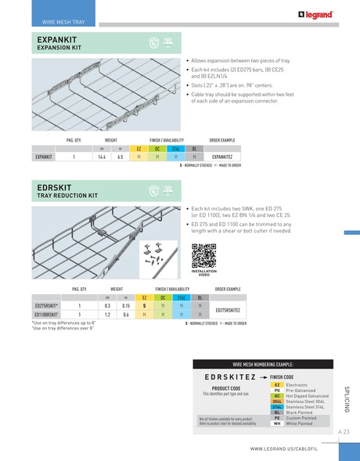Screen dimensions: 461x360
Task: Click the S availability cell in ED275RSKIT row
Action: pos(144,305)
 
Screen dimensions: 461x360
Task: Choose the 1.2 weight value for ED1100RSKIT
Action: pos(106,314)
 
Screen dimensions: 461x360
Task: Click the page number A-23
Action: pos(344,432)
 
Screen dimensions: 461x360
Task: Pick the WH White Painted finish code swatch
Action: pos(276,423)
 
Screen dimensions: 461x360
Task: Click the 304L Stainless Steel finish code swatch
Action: pos(276,402)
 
